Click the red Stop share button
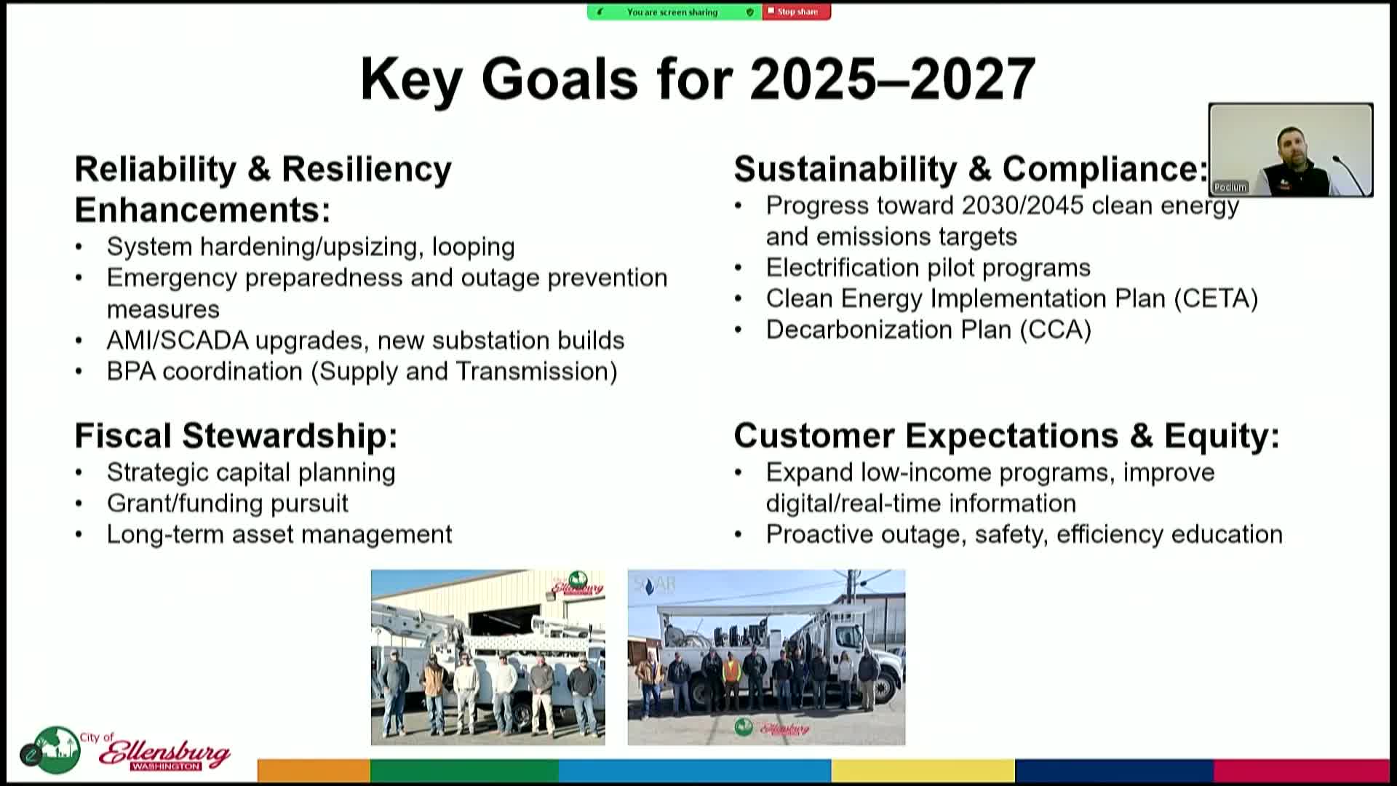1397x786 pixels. pos(796,12)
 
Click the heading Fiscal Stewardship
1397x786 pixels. pos(236,436)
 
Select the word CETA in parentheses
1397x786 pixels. pos(1216,299)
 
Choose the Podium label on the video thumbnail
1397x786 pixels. pos(1230,187)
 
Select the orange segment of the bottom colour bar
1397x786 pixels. pos(314,770)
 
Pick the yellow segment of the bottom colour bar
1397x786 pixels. pos(923,770)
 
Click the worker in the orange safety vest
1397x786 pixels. pos(731,680)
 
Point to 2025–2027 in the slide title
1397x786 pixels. pos(893,79)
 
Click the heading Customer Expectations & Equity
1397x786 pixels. pos(1006,436)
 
